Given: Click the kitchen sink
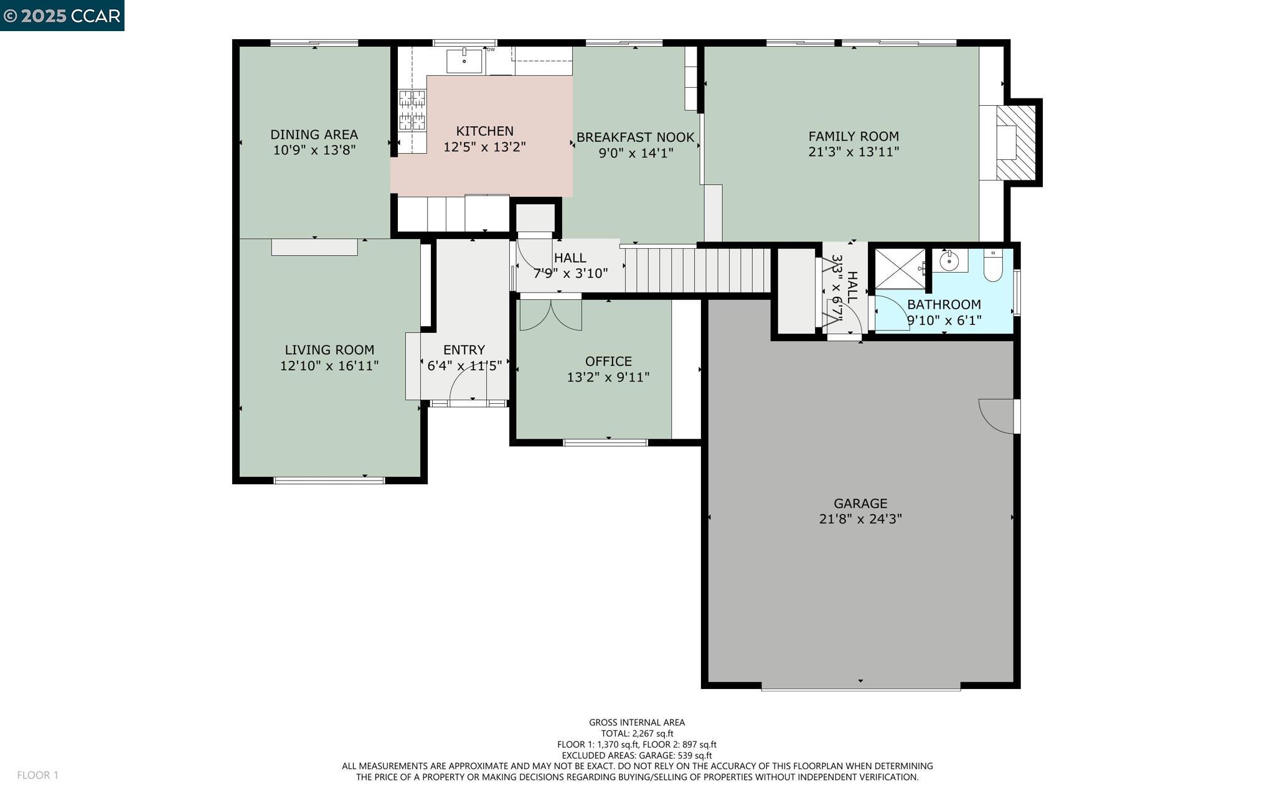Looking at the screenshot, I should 464,61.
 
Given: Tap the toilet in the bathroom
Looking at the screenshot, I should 992,266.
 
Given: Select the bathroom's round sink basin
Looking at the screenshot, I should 949,261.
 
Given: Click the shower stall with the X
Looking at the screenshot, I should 900,268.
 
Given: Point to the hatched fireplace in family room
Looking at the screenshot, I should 1016,143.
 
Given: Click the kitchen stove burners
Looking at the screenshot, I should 412,110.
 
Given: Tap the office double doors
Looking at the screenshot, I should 550,315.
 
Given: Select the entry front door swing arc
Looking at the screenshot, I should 467,386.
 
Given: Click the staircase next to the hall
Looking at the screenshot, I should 697,270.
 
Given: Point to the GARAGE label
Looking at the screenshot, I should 860,503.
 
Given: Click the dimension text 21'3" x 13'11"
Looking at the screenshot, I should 854,151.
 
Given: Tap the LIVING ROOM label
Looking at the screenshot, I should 329,350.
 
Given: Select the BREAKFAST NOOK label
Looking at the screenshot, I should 635,137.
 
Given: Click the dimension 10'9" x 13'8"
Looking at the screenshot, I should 314,149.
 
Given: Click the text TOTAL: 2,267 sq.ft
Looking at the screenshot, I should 637,733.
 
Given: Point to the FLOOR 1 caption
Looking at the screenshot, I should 37,775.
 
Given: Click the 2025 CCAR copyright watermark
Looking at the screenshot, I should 62,16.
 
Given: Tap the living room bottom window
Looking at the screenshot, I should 329,480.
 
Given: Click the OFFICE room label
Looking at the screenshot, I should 608,361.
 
